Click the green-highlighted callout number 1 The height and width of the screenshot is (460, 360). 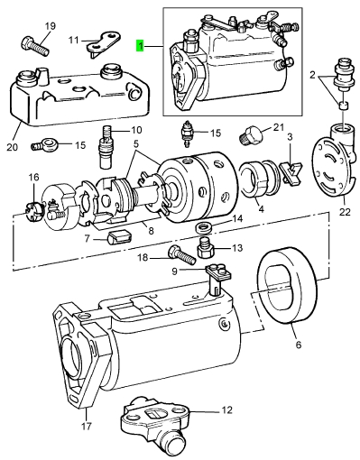(140, 46)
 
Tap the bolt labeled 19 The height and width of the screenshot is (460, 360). (34, 45)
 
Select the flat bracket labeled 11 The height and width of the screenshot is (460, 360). (104, 42)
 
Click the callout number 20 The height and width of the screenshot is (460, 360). (13, 147)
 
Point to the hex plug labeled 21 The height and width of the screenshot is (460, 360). (252, 134)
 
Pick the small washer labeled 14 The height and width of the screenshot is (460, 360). (204, 226)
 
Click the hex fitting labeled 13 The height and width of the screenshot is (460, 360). (205, 247)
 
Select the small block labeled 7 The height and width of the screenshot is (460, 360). (120, 236)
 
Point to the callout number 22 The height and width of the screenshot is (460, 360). (345, 212)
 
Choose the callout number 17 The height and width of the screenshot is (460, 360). (87, 426)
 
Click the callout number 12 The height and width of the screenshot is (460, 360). (227, 409)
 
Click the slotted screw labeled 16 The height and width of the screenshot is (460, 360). (33, 213)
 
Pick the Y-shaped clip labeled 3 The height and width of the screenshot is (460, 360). (291, 173)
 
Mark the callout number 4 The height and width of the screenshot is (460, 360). (261, 208)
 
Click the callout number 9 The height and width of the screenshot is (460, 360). (175, 271)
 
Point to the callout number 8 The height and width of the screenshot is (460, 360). (151, 231)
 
